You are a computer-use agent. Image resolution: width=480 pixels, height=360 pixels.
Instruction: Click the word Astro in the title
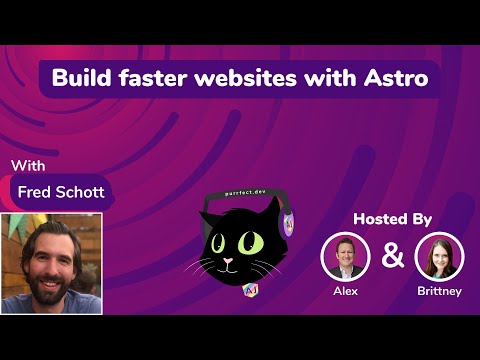pos(397,78)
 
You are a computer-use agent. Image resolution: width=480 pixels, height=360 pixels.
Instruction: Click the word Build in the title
pos(82,78)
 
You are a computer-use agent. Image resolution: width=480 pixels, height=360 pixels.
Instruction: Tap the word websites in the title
pos(247,78)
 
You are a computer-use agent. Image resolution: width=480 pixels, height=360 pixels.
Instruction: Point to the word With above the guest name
pos(30,164)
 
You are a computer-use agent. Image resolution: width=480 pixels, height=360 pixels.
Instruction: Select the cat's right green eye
pos(250,241)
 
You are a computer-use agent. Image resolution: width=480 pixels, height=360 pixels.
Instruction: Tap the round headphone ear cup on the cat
pos(288,222)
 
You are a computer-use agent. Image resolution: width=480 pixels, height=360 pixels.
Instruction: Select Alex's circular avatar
pos(345,256)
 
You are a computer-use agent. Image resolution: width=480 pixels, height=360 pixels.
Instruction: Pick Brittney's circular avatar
pos(440,256)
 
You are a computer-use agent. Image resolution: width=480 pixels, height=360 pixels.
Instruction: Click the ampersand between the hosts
pos(393,256)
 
